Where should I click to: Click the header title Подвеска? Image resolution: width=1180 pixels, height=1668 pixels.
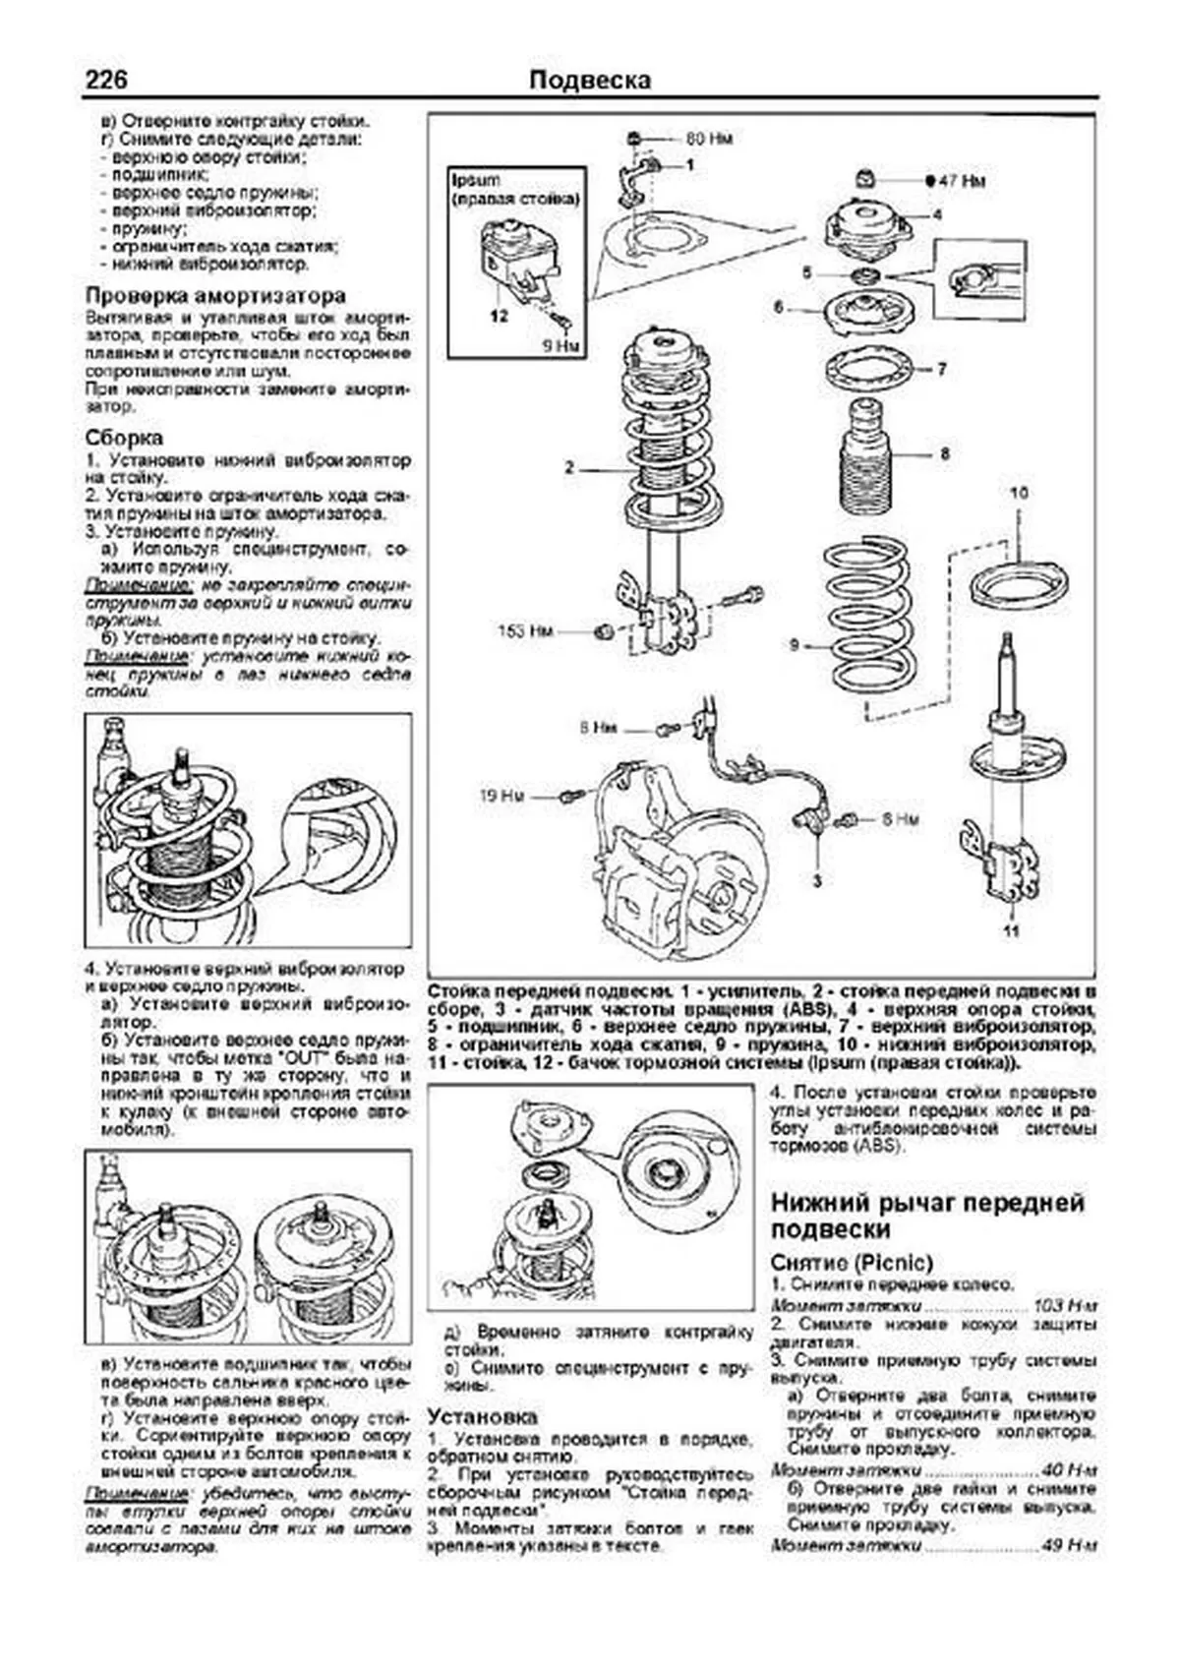pyautogui.click(x=589, y=80)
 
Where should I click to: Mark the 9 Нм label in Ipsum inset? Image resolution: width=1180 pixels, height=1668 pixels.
pyautogui.click(x=561, y=345)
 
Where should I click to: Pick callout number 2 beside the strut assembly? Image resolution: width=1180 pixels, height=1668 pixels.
pyautogui.click(x=568, y=467)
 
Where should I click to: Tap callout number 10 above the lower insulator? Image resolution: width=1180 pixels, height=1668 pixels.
pyautogui.click(x=1018, y=494)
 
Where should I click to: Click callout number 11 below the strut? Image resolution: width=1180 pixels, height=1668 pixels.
pyautogui.click(x=1012, y=931)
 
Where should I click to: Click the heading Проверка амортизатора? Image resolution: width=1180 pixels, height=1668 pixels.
pyautogui.click(x=215, y=295)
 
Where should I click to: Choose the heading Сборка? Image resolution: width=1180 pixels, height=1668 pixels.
pyautogui.click(x=124, y=438)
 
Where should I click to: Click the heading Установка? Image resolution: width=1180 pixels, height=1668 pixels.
pyautogui.click(x=483, y=1416)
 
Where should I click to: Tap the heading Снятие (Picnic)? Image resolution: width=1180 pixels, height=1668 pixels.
pyautogui.click(x=851, y=1262)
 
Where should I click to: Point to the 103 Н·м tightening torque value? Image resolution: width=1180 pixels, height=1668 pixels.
pyautogui.click(x=1065, y=1305)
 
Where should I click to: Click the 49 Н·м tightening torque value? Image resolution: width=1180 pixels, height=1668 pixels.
pyautogui.click(x=1069, y=1546)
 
